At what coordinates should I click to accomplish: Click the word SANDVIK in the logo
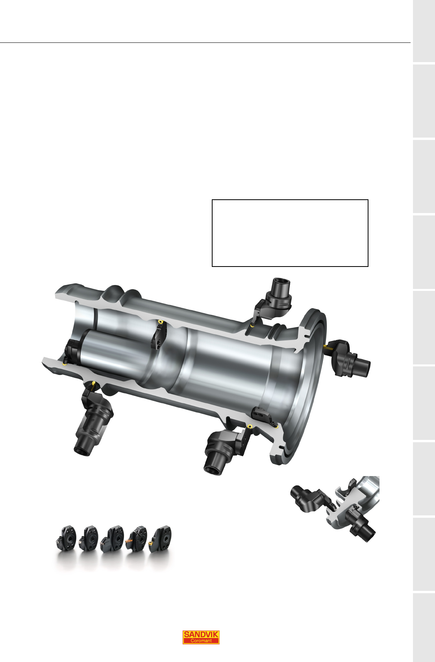click(201, 634)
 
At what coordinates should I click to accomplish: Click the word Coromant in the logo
click(201, 640)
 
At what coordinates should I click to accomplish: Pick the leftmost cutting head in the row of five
click(66, 539)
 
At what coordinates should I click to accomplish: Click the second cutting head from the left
click(89, 539)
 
